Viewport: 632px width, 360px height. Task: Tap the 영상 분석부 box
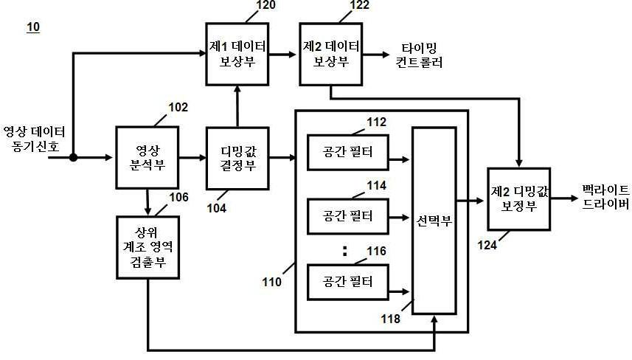(x=147, y=157)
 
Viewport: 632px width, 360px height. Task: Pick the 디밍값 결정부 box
(x=237, y=157)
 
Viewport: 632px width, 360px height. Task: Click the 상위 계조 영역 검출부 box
(x=147, y=247)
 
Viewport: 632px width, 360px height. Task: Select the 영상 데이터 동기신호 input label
(x=34, y=139)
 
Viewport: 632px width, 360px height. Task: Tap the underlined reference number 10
(x=34, y=29)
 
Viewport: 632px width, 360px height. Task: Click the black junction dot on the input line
(x=74, y=157)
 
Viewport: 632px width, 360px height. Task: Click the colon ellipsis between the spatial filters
(x=344, y=251)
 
